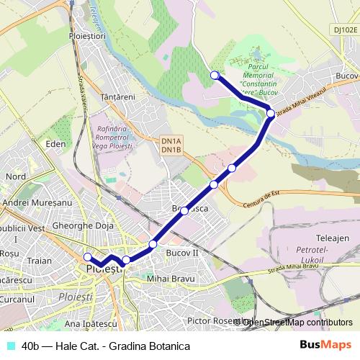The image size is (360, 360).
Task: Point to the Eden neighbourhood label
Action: point(55,144)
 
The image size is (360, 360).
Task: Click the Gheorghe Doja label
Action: point(84,227)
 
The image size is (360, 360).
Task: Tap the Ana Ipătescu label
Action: point(91,323)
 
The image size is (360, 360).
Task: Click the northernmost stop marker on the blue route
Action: point(214,75)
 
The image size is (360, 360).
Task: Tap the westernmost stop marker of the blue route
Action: point(88,257)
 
